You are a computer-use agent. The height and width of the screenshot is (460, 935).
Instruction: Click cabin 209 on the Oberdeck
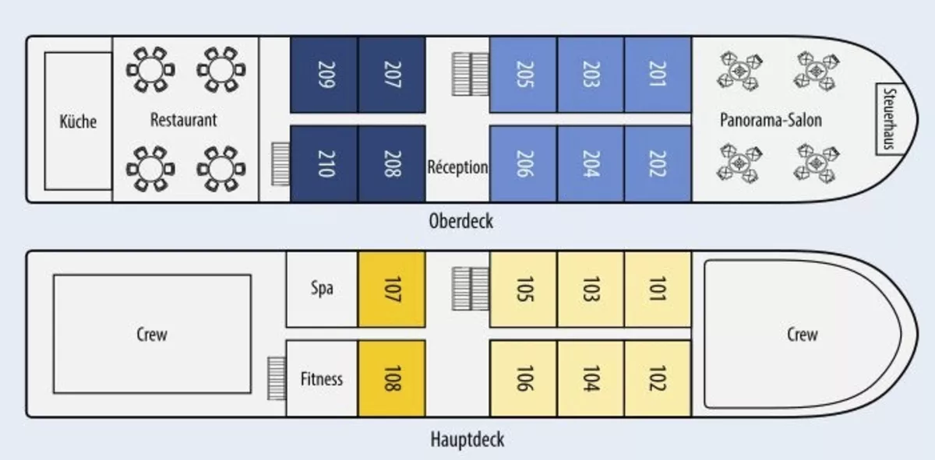324,75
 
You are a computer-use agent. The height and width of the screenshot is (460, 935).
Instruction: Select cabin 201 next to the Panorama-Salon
658,74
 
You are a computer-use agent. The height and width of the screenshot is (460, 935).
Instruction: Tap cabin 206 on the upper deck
524,164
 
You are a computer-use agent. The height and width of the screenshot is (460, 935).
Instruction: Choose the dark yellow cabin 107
391,290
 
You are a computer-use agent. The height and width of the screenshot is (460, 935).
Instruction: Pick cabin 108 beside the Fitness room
391,379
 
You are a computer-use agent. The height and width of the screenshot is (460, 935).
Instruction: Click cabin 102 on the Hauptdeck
658,379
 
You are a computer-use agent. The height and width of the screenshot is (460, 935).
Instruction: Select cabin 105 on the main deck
524,290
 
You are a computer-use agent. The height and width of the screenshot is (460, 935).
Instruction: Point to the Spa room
322,290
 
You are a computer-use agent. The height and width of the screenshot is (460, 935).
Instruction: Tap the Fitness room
322,379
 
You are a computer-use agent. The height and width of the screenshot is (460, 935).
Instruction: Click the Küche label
78,121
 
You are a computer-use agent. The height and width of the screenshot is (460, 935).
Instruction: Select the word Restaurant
183,120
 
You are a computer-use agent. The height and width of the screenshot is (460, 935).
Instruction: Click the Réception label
457,167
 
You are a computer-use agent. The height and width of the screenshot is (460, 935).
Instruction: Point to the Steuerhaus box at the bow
889,119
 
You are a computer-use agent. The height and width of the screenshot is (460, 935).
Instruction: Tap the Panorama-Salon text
771,120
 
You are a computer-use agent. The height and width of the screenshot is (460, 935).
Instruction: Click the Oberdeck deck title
460,220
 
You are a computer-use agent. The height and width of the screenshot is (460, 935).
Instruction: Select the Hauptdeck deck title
467,440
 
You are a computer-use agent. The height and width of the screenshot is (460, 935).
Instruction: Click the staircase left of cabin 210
280,164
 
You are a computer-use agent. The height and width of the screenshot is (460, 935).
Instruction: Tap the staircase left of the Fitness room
277,378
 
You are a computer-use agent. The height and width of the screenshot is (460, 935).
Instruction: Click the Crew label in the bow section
802,335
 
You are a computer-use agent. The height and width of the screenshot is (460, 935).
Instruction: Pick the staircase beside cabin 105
471,289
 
